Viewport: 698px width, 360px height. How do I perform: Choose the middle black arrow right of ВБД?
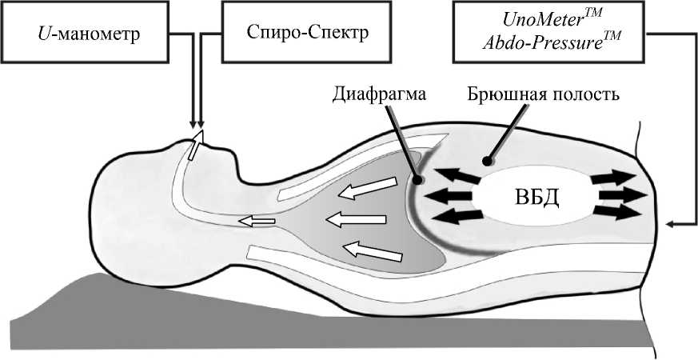(x=622, y=195)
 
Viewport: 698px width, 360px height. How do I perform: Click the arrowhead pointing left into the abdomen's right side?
(x=671, y=225)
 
